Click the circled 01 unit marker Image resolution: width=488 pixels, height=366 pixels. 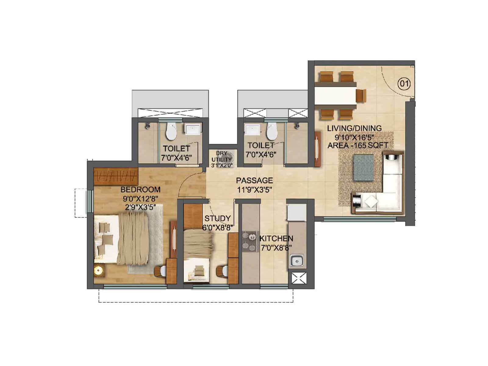(x=404, y=83)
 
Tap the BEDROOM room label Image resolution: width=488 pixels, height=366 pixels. (x=140, y=189)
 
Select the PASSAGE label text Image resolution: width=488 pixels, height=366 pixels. (x=254, y=181)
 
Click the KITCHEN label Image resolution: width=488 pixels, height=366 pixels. (x=276, y=239)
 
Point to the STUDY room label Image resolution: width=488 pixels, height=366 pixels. (x=217, y=218)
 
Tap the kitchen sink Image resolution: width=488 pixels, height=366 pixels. (x=296, y=261)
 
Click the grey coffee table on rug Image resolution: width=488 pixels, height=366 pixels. (x=363, y=167)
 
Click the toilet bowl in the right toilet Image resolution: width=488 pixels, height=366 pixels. (x=271, y=132)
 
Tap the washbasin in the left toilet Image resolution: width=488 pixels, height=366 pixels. (x=193, y=129)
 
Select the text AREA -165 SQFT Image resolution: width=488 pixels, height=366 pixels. (x=358, y=146)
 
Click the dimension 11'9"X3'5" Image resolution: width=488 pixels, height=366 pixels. (x=254, y=190)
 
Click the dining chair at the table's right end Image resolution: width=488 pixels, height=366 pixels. (x=361, y=95)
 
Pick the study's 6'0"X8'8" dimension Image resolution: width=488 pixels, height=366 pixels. (x=218, y=227)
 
